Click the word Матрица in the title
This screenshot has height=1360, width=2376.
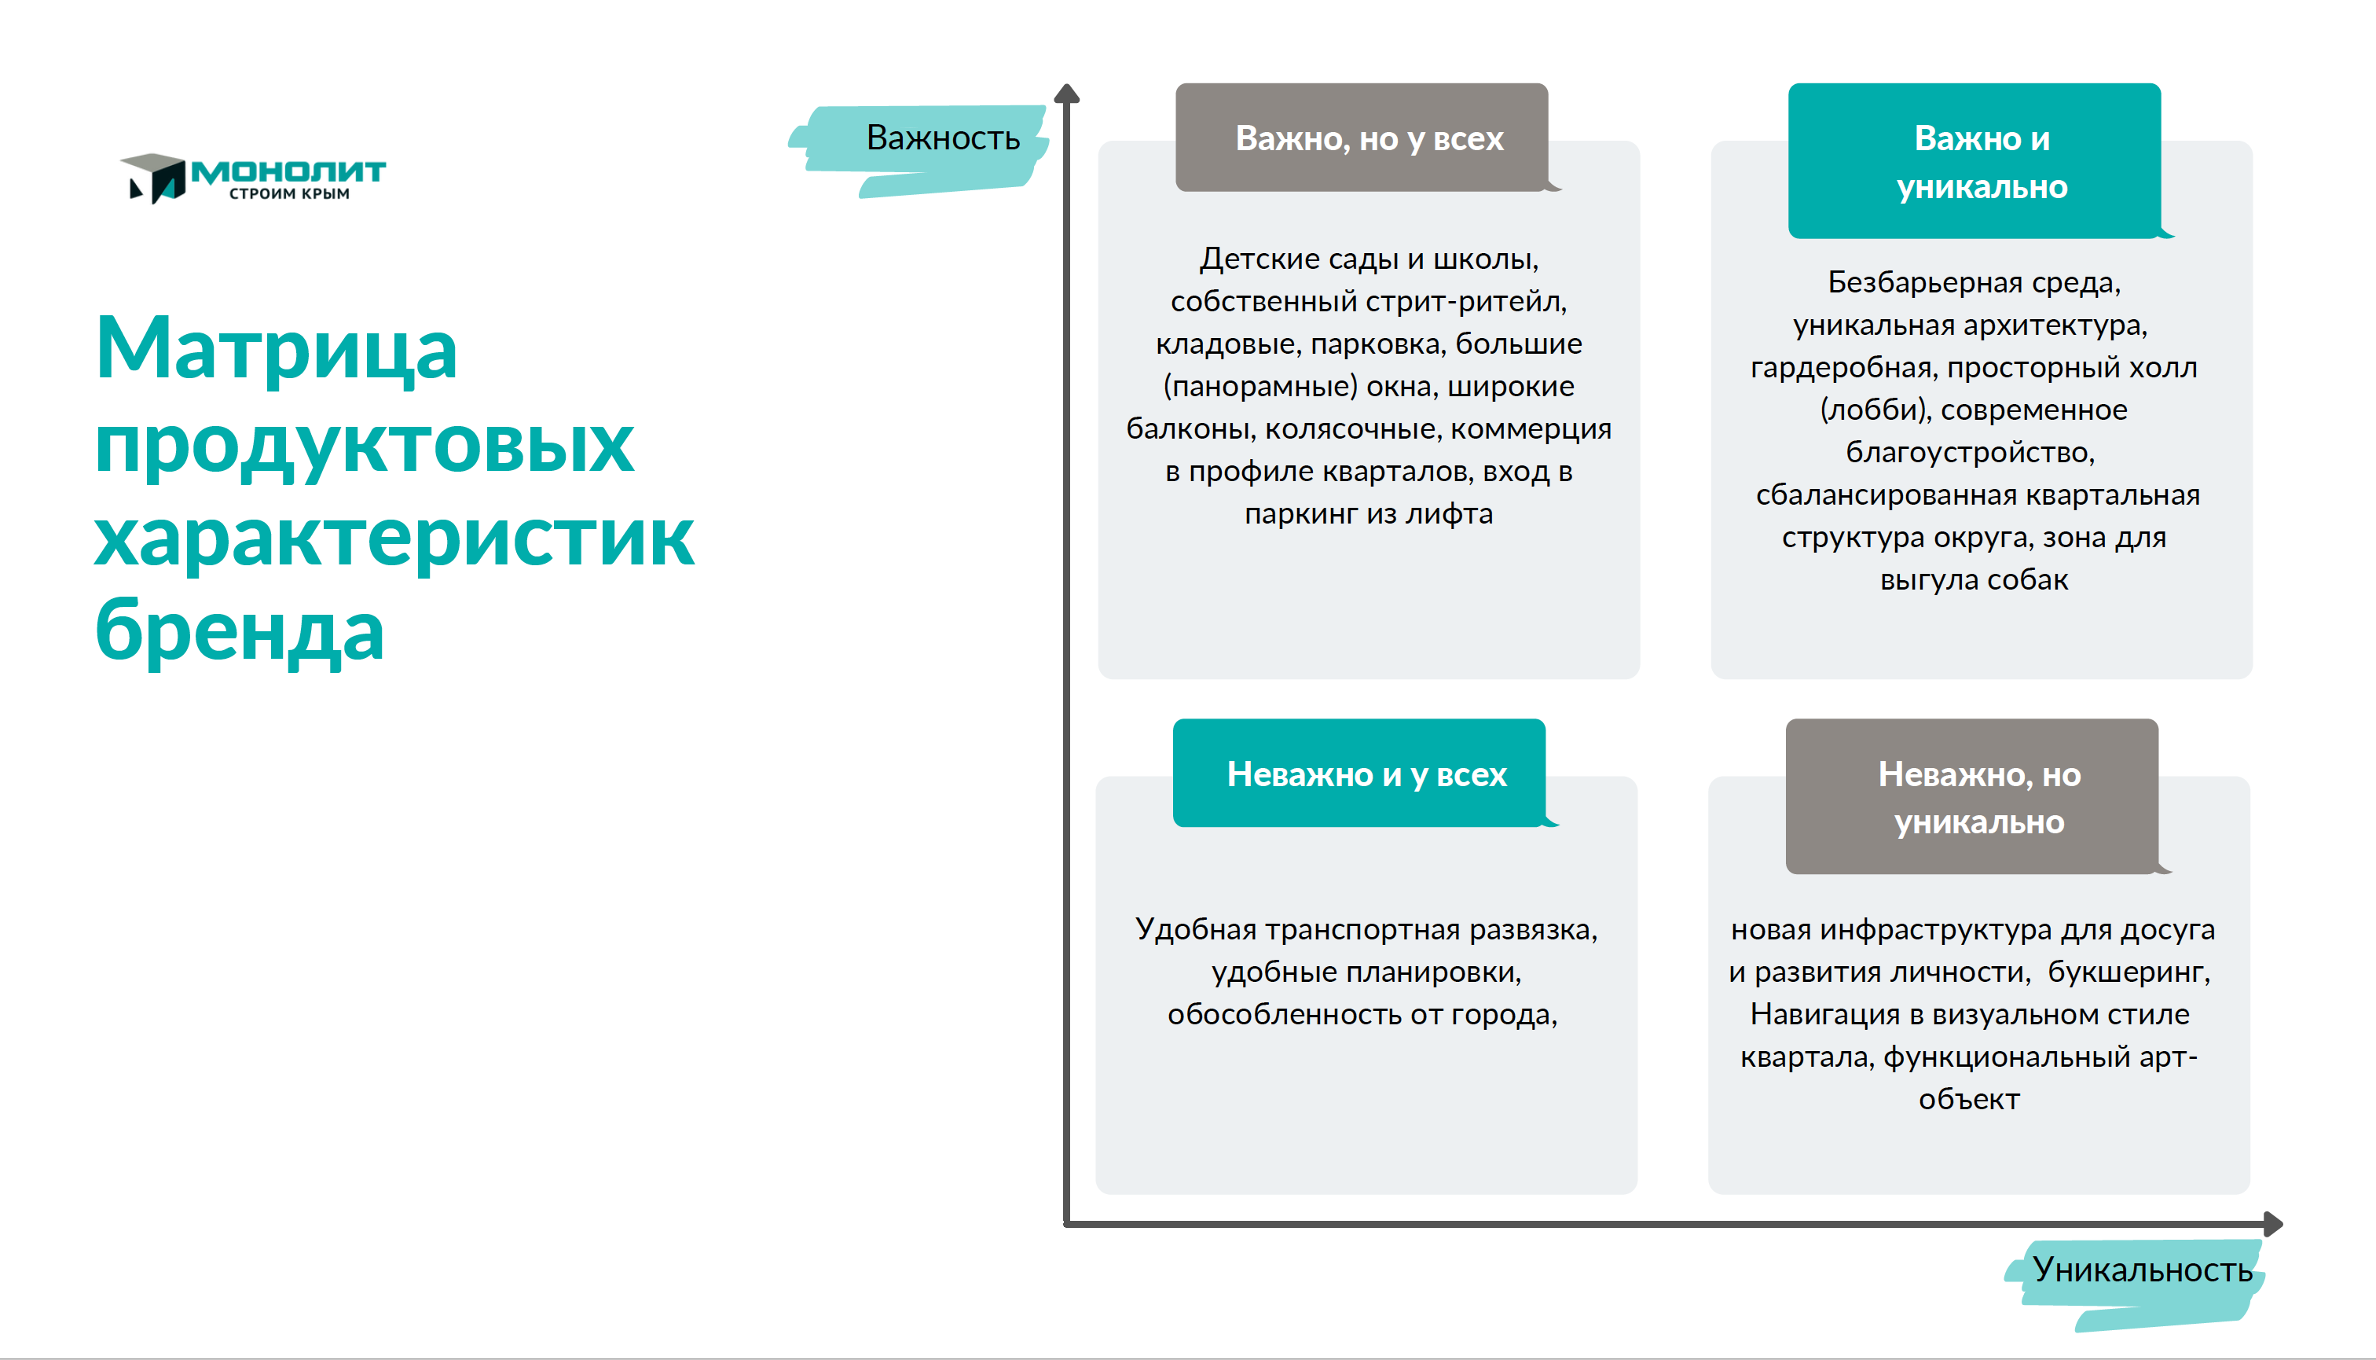(277, 348)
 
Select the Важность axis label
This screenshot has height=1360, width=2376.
(943, 138)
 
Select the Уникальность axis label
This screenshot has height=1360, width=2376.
(2143, 1270)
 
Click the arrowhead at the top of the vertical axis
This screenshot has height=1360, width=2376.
(1066, 93)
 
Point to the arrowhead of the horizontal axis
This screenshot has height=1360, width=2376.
(2273, 1224)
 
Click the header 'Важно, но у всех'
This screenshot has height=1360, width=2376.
(1369, 139)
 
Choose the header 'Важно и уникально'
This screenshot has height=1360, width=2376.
(1982, 163)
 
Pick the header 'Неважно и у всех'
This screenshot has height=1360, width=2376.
(1367, 774)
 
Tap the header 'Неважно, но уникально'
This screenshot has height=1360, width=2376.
(1979, 798)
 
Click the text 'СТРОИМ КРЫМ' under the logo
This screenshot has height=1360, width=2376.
(289, 193)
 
